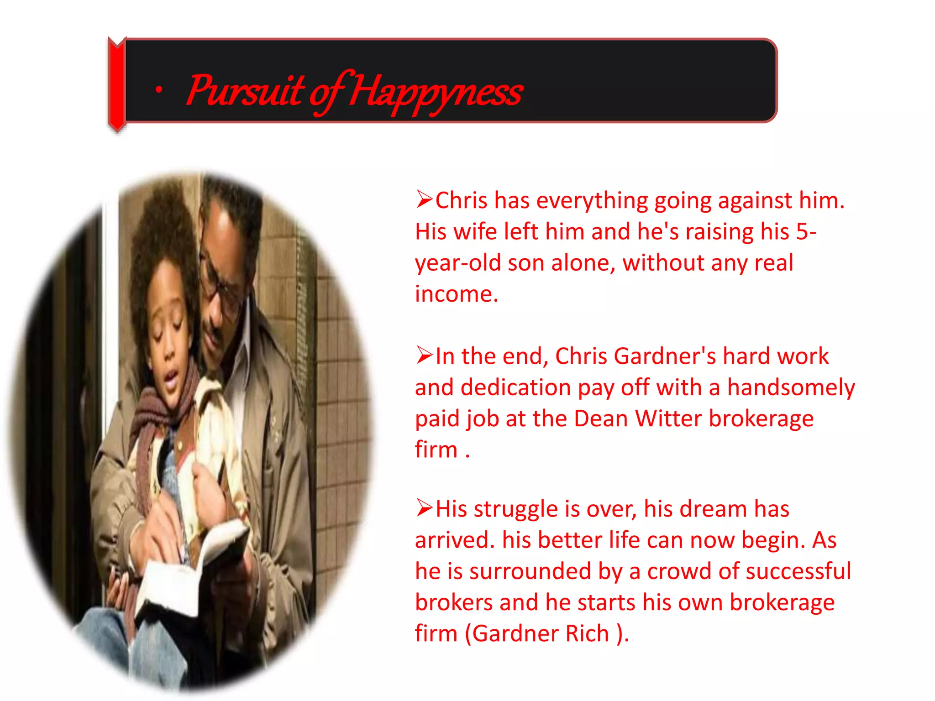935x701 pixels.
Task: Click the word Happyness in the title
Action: (436, 91)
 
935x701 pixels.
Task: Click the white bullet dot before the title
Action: (158, 90)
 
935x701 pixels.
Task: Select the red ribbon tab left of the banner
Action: (117, 84)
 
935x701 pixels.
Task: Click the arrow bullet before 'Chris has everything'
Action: (424, 199)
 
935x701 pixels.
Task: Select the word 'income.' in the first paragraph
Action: (456, 294)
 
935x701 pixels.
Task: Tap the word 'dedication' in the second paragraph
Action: (515, 387)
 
